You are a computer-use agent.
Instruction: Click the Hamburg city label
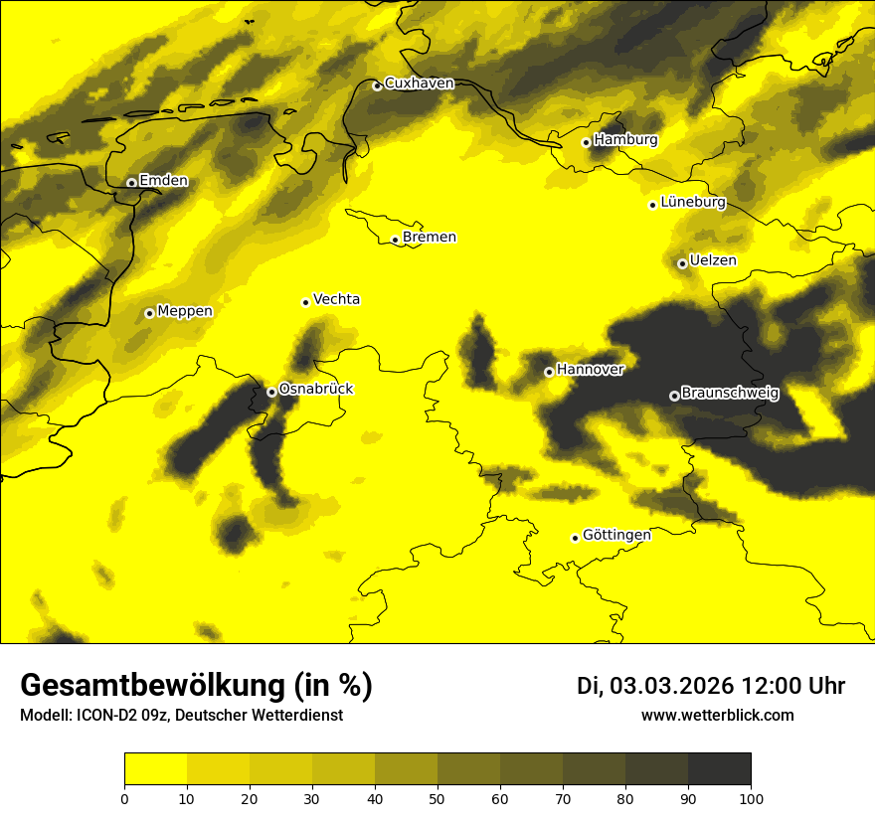(x=625, y=140)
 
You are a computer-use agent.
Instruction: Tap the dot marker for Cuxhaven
(x=377, y=85)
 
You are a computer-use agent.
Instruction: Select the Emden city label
(x=163, y=181)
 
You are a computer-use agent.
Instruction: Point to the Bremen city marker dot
(x=395, y=240)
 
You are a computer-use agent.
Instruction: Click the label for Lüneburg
(x=692, y=202)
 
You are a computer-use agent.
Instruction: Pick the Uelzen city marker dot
(x=682, y=263)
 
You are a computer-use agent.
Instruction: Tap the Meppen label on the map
(x=184, y=311)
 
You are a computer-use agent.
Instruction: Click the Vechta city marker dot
(x=305, y=302)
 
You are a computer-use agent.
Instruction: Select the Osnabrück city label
(x=315, y=389)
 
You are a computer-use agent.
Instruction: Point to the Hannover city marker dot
(x=549, y=372)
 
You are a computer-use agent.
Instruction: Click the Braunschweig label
(x=730, y=393)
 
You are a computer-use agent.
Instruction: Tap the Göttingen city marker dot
(x=575, y=538)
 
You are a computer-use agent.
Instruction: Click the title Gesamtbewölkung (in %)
(x=196, y=686)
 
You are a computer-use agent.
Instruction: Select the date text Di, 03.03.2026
(x=654, y=686)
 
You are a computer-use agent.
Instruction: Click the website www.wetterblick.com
(x=717, y=715)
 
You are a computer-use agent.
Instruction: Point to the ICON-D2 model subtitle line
(x=181, y=716)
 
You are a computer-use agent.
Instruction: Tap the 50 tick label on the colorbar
(x=437, y=798)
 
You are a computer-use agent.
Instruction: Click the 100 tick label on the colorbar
(x=751, y=798)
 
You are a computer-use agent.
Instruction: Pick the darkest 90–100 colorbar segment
(x=719, y=769)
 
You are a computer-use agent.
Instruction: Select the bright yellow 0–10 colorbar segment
(x=156, y=769)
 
